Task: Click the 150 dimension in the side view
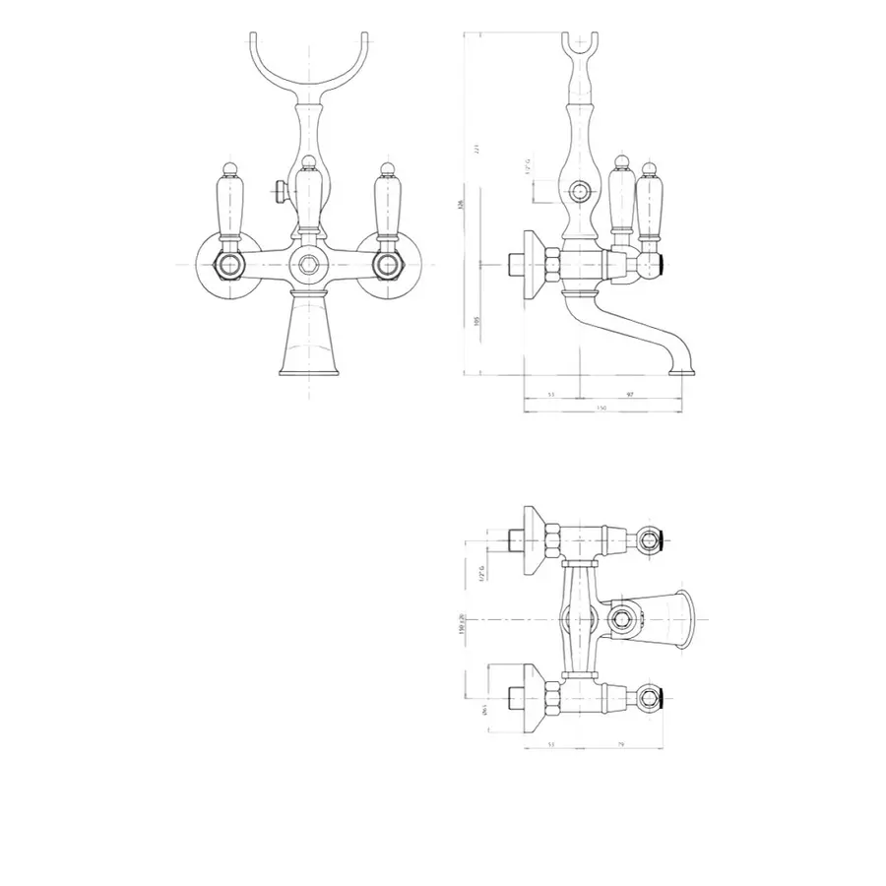point(601,408)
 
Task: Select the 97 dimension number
point(630,394)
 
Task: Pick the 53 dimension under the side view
point(551,394)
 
